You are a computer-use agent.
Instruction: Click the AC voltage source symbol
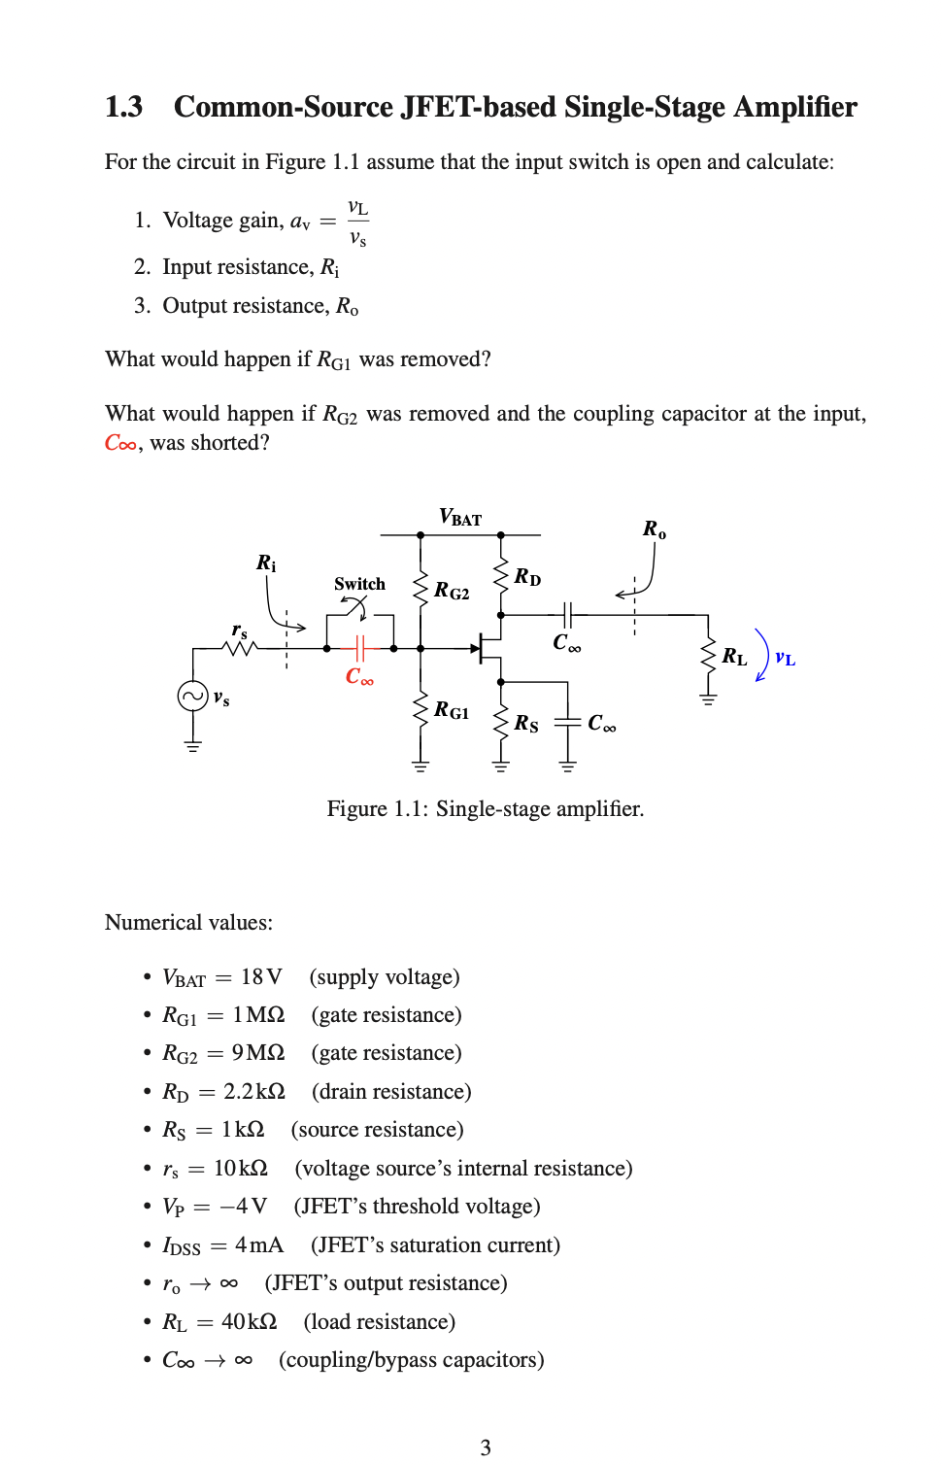click(x=192, y=696)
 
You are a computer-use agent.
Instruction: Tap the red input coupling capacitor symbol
click(x=359, y=648)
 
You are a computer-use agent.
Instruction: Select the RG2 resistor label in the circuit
click(x=452, y=591)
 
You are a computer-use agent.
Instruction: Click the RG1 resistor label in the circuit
click(x=452, y=710)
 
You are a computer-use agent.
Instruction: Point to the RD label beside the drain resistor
click(x=527, y=577)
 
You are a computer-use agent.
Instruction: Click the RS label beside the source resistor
click(x=526, y=724)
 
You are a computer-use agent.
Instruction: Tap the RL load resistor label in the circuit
click(x=734, y=657)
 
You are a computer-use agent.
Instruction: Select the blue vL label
click(x=785, y=659)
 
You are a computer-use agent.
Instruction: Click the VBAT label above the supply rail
click(x=460, y=517)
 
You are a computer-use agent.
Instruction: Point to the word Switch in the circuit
click(x=359, y=584)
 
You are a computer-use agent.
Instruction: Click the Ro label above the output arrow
click(x=655, y=529)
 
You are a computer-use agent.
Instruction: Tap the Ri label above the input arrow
click(x=266, y=563)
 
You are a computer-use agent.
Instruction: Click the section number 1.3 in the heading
click(x=123, y=107)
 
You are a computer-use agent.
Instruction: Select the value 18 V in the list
click(x=261, y=976)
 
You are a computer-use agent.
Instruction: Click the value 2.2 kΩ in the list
click(x=254, y=1091)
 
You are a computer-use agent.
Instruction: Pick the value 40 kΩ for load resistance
click(x=249, y=1321)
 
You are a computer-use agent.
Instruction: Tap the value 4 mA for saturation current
click(x=258, y=1244)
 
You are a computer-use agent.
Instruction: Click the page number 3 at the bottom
click(x=486, y=1447)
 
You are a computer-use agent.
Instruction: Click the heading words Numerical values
click(x=188, y=922)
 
